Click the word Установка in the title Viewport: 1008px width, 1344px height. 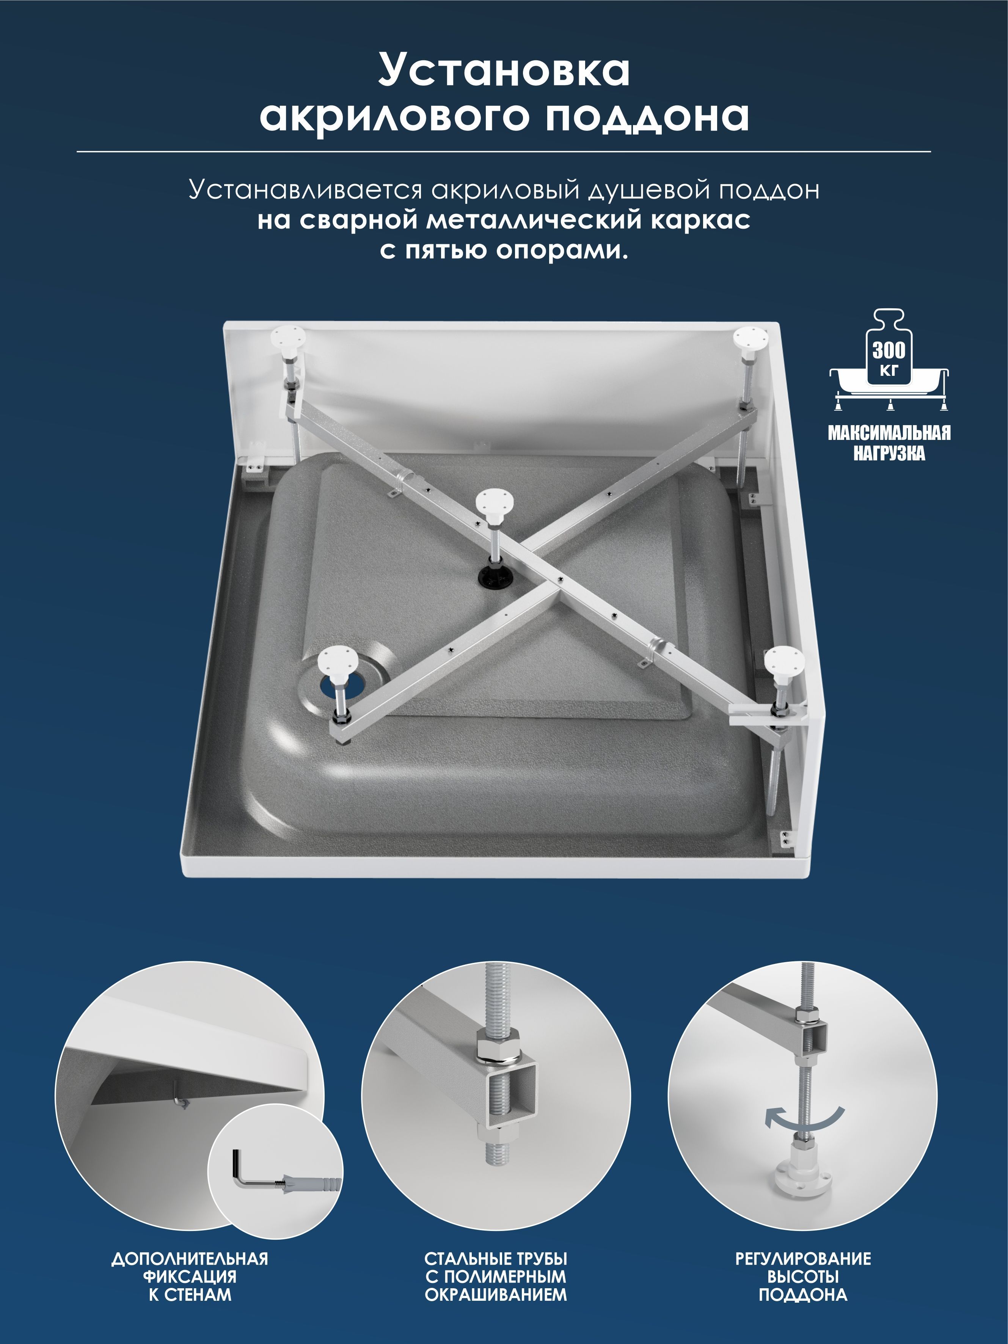pos(504,70)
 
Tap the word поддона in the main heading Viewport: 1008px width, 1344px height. pos(646,117)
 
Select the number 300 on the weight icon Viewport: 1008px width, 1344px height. pos(889,350)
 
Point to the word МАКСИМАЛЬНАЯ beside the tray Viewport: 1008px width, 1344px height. pos(889,433)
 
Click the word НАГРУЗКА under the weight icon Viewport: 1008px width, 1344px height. pos(889,453)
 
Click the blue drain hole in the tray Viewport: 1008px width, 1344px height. pos(341,685)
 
